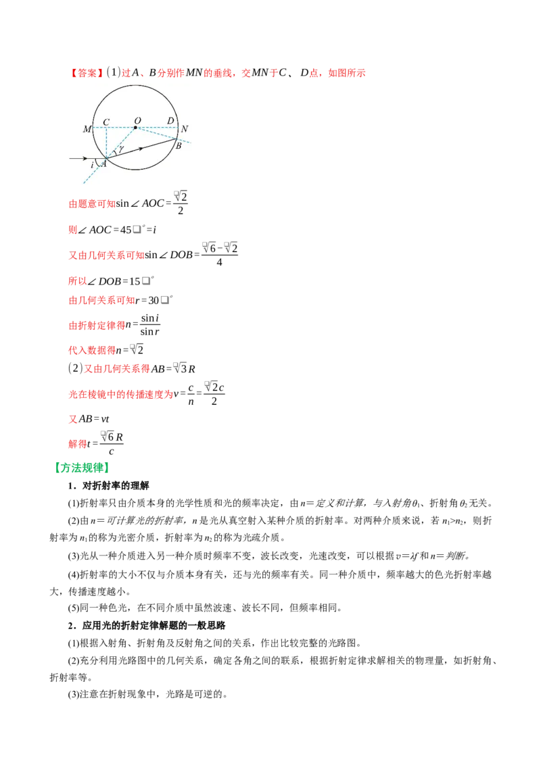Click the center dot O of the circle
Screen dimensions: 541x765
[135, 127]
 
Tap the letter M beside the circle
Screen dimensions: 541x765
[87, 129]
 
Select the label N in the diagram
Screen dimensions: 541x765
[184, 129]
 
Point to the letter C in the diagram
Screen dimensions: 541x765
[106, 122]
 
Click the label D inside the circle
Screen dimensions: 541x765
[170, 120]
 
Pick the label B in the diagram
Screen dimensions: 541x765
[179, 146]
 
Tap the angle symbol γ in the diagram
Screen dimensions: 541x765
[120, 149]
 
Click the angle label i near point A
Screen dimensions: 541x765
[92, 166]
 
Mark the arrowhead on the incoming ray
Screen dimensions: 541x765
[85, 158]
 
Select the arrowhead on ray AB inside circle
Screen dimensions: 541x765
[140, 148]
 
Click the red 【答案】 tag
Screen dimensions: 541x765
[86, 73]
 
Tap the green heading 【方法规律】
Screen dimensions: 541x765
[82, 468]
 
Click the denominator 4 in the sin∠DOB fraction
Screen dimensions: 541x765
[219, 262]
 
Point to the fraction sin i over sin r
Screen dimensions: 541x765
[150, 325]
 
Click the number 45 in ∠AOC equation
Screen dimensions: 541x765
[126, 230]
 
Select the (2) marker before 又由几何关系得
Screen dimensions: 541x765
[75, 368]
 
